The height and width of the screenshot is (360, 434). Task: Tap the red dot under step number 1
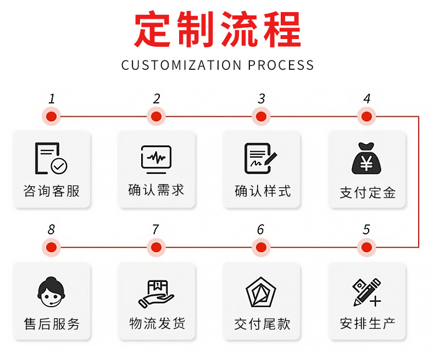coord(52,117)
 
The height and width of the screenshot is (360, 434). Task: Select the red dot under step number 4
coord(366,117)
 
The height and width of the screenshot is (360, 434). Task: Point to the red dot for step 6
coord(261,247)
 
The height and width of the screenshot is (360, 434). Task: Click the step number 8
coord(52,230)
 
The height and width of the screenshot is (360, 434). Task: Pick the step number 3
coord(261,99)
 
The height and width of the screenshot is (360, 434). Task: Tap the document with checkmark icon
coord(51,158)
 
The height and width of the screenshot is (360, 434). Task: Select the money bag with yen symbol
coord(367,159)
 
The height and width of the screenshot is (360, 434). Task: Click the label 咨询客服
coord(52,191)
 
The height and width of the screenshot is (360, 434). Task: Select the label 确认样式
coord(262,191)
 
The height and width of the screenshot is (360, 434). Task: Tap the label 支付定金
coord(368,192)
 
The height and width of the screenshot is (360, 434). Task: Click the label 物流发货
coord(157,323)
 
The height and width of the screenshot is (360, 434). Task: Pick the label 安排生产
coord(368,323)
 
